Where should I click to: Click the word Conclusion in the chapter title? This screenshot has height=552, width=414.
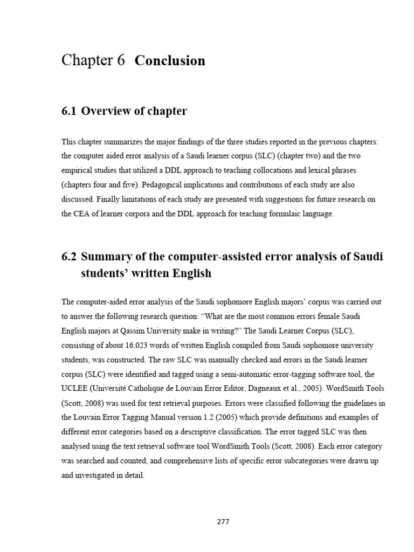coord(170,61)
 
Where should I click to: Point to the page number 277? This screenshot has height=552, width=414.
coord(222,522)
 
